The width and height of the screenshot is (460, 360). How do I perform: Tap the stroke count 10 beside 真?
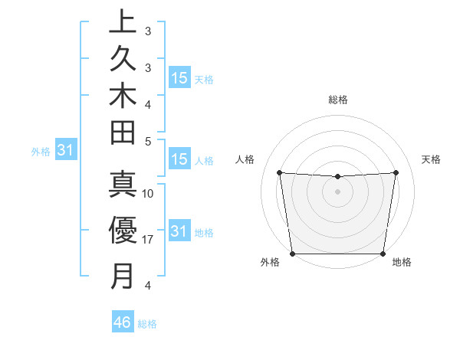[148, 194]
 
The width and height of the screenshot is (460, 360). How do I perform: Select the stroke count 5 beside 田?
[148, 141]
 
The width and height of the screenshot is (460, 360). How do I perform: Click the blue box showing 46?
[122, 322]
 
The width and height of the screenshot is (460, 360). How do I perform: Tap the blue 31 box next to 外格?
[65, 152]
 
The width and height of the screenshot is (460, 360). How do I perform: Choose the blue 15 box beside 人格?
[179, 160]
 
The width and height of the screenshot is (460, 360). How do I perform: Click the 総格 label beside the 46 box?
[147, 324]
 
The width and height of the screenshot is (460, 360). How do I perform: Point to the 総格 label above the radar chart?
[338, 100]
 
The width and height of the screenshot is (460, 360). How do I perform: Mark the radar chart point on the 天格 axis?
[396, 172]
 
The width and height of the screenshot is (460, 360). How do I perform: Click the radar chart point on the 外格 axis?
[292, 254]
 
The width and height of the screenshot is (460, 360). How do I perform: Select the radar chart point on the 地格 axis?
[383, 254]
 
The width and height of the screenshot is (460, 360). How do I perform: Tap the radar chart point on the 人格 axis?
[280, 172]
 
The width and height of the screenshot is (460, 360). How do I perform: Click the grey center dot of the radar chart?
[337, 191]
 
